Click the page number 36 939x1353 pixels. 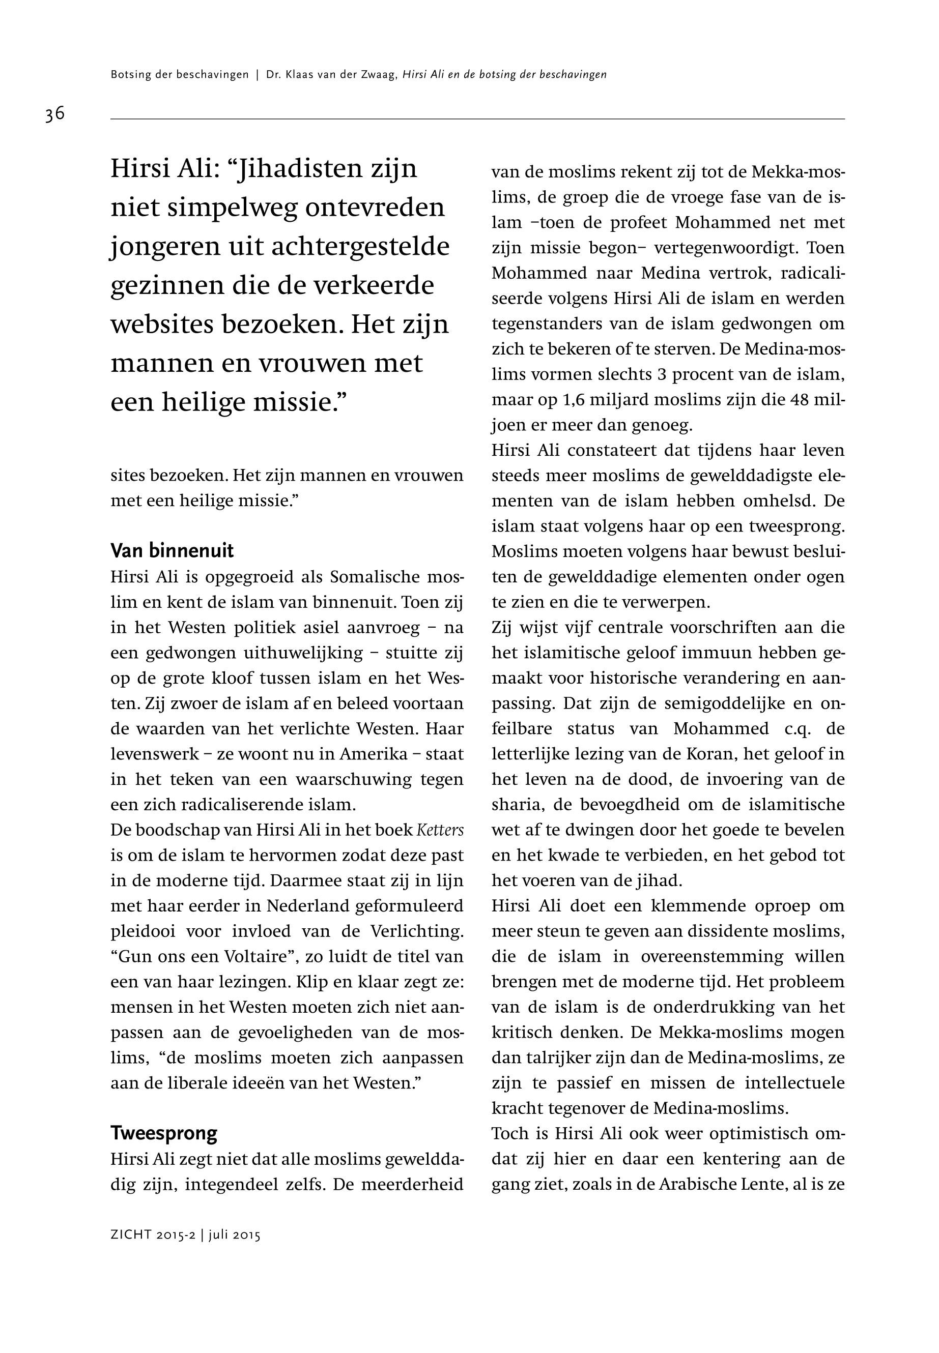(55, 113)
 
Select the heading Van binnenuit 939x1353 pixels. (172, 551)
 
